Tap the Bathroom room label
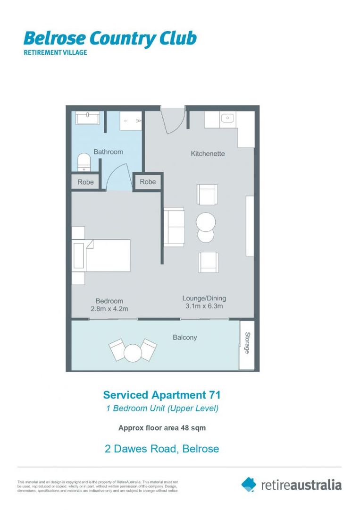pos(108,152)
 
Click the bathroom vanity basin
pos(87,118)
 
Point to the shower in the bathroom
pos(130,121)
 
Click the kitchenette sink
pos(227,119)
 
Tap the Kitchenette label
pos(208,153)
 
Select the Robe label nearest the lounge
pos(148,182)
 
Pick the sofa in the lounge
pos(174,227)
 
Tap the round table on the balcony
pos(133,351)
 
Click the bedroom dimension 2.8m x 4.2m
pos(109,308)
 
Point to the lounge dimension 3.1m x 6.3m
pos(204,306)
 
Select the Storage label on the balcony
pos(247,343)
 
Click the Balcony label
pos(184,337)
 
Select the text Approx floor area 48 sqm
pos(162,428)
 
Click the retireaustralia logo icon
pos(249,484)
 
